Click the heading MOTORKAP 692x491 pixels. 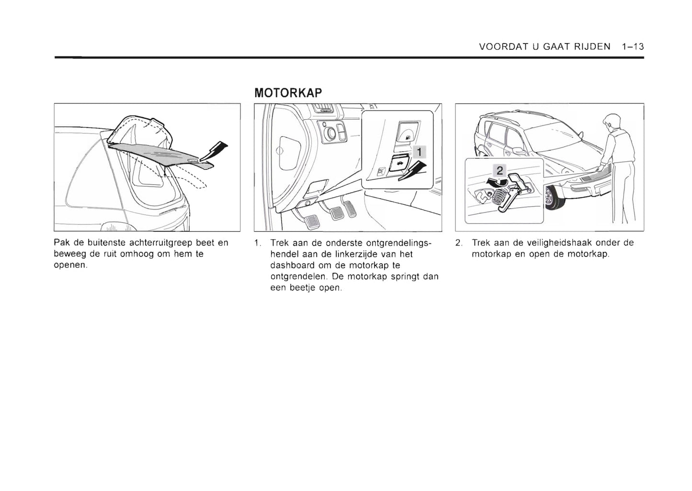pos(288,92)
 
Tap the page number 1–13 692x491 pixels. pos(633,46)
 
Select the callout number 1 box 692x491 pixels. pos(419,152)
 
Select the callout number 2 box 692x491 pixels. pos(499,170)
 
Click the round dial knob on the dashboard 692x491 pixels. pos(330,134)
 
